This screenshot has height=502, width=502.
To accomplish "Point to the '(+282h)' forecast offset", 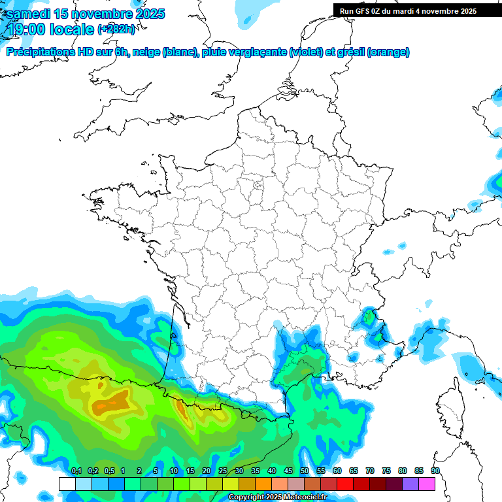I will coord(116,29).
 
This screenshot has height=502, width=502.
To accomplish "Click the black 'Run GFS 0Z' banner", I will coord(408,11).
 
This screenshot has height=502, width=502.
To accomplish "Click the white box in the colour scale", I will coord(67,484).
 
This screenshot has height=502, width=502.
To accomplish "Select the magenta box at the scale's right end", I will coord(427,484).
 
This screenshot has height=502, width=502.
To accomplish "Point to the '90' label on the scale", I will coord(435,471).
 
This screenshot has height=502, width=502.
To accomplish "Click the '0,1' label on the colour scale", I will coord(76,471).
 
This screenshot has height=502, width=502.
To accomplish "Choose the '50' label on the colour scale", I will coord(305,471).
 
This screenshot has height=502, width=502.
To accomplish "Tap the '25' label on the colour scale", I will coord(223,471).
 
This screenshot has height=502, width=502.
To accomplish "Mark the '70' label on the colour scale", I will coord(370,471).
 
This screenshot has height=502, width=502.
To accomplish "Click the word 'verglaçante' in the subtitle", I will coord(258,52).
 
